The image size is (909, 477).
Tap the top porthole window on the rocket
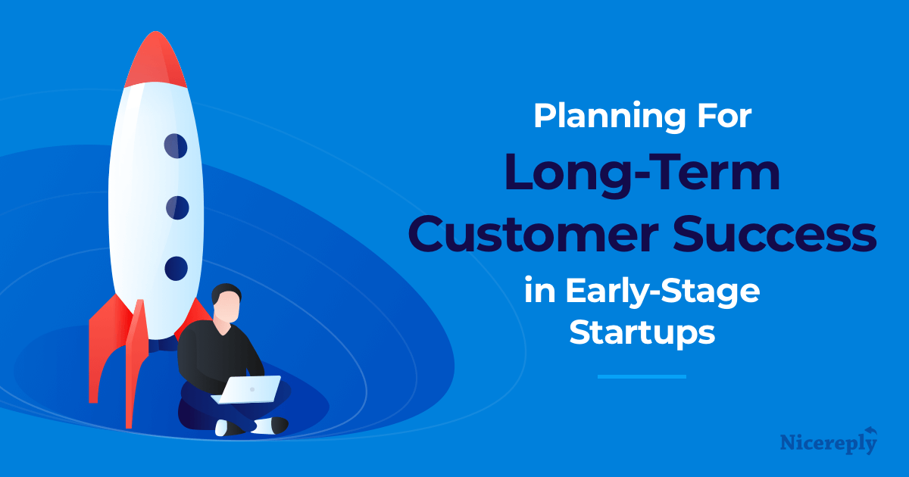[x=176, y=145]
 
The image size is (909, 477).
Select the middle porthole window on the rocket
[x=177, y=206]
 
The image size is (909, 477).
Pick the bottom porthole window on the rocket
[x=176, y=267]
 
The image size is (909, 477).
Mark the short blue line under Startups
[x=642, y=376]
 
